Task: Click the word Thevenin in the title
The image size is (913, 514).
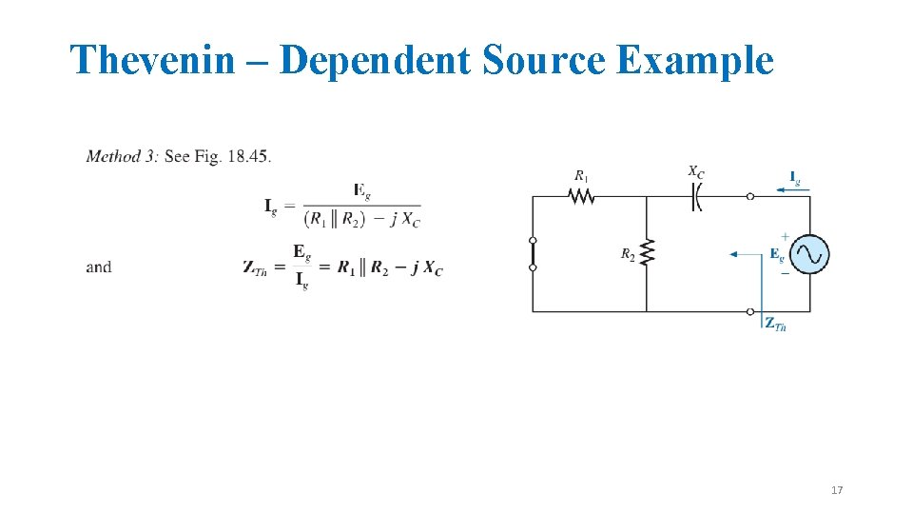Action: (152, 60)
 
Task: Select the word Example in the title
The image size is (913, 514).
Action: (695, 60)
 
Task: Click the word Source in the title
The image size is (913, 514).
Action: (545, 60)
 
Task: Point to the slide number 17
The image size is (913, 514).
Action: (837, 490)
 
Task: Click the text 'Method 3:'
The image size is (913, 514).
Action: (122, 156)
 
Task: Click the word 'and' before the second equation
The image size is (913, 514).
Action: (98, 267)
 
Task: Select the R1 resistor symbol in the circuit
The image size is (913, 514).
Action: (580, 196)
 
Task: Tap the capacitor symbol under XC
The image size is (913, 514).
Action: (696, 196)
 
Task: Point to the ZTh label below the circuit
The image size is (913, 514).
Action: (775, 325)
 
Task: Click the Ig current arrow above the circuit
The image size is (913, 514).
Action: (792, 189)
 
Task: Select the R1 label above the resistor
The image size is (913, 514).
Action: (580, 175)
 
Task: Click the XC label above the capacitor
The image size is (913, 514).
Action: (696, 172)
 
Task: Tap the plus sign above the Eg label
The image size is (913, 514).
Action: (785, 235)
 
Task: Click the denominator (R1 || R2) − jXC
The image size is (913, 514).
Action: (361, 218)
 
